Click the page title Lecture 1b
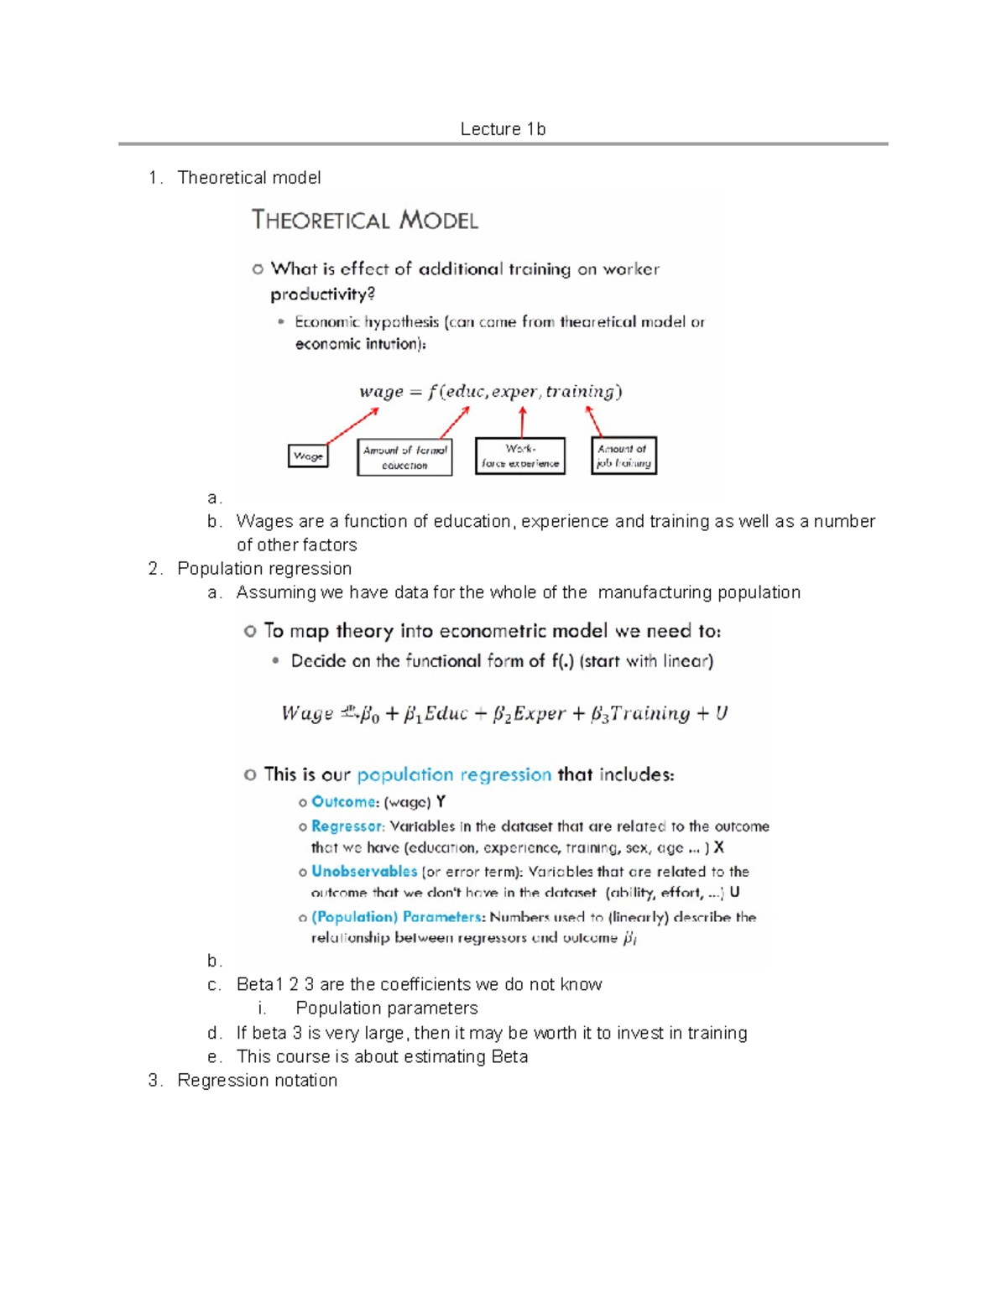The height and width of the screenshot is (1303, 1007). (503, 129)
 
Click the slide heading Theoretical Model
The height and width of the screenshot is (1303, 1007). (365, 221)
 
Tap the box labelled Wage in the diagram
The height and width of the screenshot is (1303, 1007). (308, 456)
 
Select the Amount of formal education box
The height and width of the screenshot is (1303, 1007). (404, 457)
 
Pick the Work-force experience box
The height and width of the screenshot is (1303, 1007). (520, 456)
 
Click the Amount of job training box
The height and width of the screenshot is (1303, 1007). (624, 456)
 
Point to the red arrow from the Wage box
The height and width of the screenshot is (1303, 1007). (352, 426)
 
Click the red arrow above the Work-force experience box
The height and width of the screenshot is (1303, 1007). (522, 422)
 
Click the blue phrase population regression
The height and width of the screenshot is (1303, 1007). (454, 774)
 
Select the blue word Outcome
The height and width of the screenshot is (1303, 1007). (344, 802)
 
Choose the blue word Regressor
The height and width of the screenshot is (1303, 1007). (347, 826)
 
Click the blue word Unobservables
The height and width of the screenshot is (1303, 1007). (364, 872)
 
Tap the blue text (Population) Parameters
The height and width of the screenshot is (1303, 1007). (398, 917)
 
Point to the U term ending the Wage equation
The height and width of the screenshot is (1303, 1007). (721, 713)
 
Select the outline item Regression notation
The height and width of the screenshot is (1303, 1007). (257, 1081)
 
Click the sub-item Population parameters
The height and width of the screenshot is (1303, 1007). (386, 1009)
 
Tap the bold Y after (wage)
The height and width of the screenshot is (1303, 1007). (441, 802)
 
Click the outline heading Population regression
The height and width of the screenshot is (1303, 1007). (264, 569)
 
